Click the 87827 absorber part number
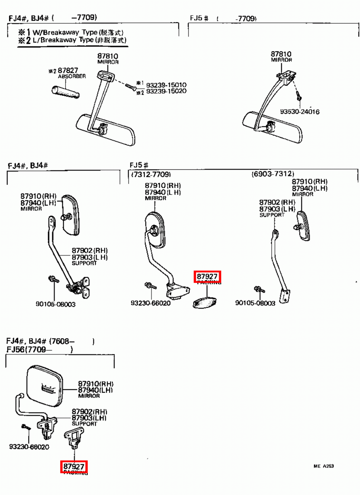click(x=68, y=71)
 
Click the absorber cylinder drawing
click(x=65, y=92)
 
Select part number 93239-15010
click(x=166, y=85)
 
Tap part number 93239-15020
click(x=166, y=91)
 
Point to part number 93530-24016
click(x=300, y=112)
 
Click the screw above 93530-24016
click(x=299, y=96)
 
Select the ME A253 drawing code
click(x=323, y=466)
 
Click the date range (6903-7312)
click(x=273, y=174)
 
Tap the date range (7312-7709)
click(x=151, y=174)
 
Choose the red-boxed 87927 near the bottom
click(x=74, y=467)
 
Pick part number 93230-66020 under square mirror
click(x=29, y=447)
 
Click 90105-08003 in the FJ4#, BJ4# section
click(x=55, y=304)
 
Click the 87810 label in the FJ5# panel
click(x=281, y=54)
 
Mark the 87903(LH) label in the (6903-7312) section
click(x=277, y=209)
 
